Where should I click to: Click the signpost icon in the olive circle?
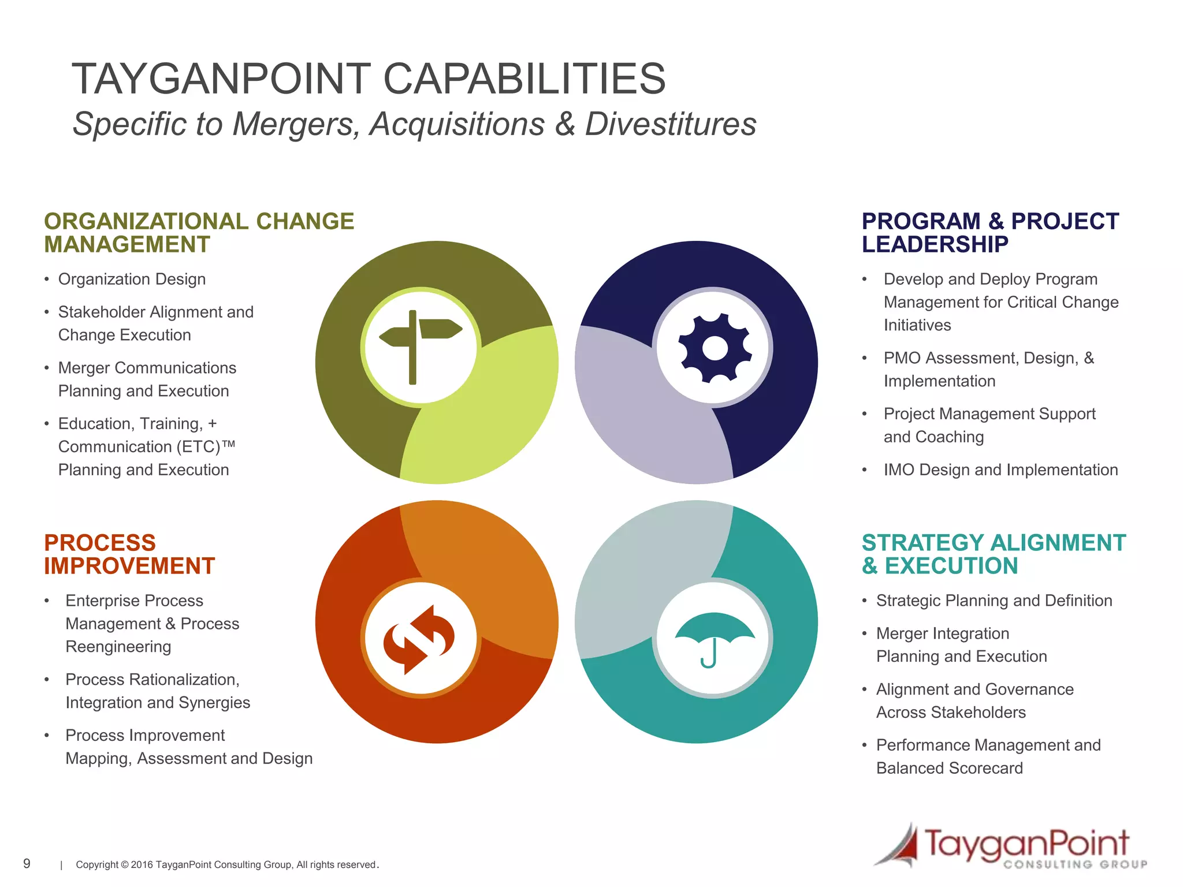pyautogui.click(x=420, y=346)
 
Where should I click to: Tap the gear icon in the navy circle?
pyautogui.click(x=715, y=348)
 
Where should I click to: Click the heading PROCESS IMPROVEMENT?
pyautogui.click(x=129, y=554)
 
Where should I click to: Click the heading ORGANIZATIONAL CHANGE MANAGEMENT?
pyautogui.click(x=198, y=233)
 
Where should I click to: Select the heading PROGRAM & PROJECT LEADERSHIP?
pyautogui.click(x=989, y=233)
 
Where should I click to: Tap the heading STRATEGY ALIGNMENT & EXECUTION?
pyautogui.click(x=993, y=554)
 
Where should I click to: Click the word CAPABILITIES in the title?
pyautogui.click(x=524, y=79)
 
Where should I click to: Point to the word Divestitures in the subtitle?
pyautogui.click(x=670, y=124)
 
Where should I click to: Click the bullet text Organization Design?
pyautogui.click(x=132, y=279)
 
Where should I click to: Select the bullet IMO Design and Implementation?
pyautogui.click(x=1000, y=470)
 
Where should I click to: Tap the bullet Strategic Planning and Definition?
pyautogui.click(x=994, y=601)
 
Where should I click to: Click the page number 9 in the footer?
pyautogui.click(x=27, y=863)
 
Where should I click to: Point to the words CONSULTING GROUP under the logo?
pyautogui.click(x=1075, y=864)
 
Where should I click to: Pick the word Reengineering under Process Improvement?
pyautogui.click(x=118, y=647)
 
